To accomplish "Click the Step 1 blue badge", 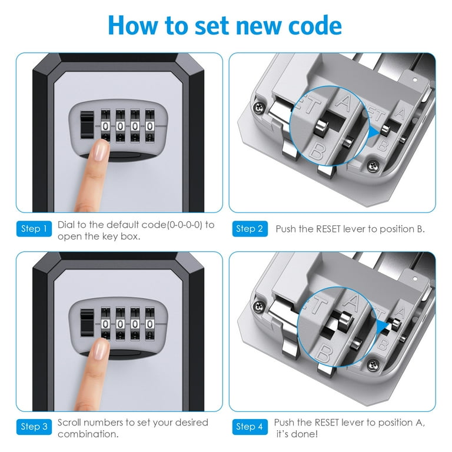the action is (34, 228).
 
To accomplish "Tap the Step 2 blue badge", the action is (250, 228).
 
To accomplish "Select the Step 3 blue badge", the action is (34, 427).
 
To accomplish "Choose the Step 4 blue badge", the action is (250, 427).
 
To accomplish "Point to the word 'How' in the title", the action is (133, 26).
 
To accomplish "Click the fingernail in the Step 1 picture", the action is (100, 151).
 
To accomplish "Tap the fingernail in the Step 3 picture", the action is (100, 350).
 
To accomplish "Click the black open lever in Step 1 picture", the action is (87, 125).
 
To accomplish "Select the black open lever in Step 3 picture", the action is (87, 323).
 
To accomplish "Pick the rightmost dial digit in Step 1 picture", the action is (149, 127).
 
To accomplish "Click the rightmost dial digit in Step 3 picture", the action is (149, 324).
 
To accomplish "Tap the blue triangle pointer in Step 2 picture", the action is (374, 133).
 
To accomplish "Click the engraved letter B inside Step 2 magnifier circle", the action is (317, 151).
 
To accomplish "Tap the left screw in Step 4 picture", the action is (258, 307).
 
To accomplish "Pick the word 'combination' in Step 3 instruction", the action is (88, 434).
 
